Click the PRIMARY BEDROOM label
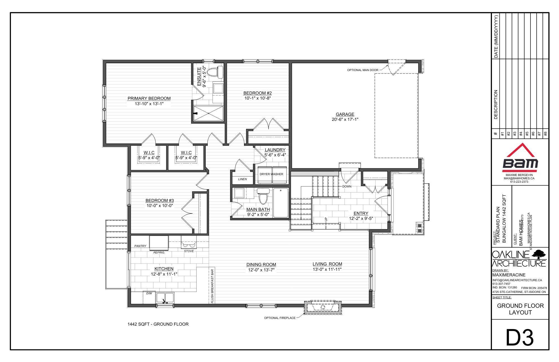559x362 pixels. (149, 98)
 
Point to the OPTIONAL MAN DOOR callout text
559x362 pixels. (363, 70)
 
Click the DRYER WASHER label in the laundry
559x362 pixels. (271, 174)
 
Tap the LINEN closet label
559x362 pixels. (242, 179)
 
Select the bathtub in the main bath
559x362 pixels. (281, 203)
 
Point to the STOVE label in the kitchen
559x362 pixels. (189, 251)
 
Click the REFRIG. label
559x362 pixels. (159, 252)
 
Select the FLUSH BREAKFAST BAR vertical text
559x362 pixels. (212, 286)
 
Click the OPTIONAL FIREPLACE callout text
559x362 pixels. (279, 318)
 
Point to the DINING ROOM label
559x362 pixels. (261, 264)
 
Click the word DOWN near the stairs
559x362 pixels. (347, 186)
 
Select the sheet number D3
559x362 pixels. (520, 337)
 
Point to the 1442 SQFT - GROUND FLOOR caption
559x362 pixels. (158, 324)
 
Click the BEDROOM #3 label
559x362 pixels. (160, 200)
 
